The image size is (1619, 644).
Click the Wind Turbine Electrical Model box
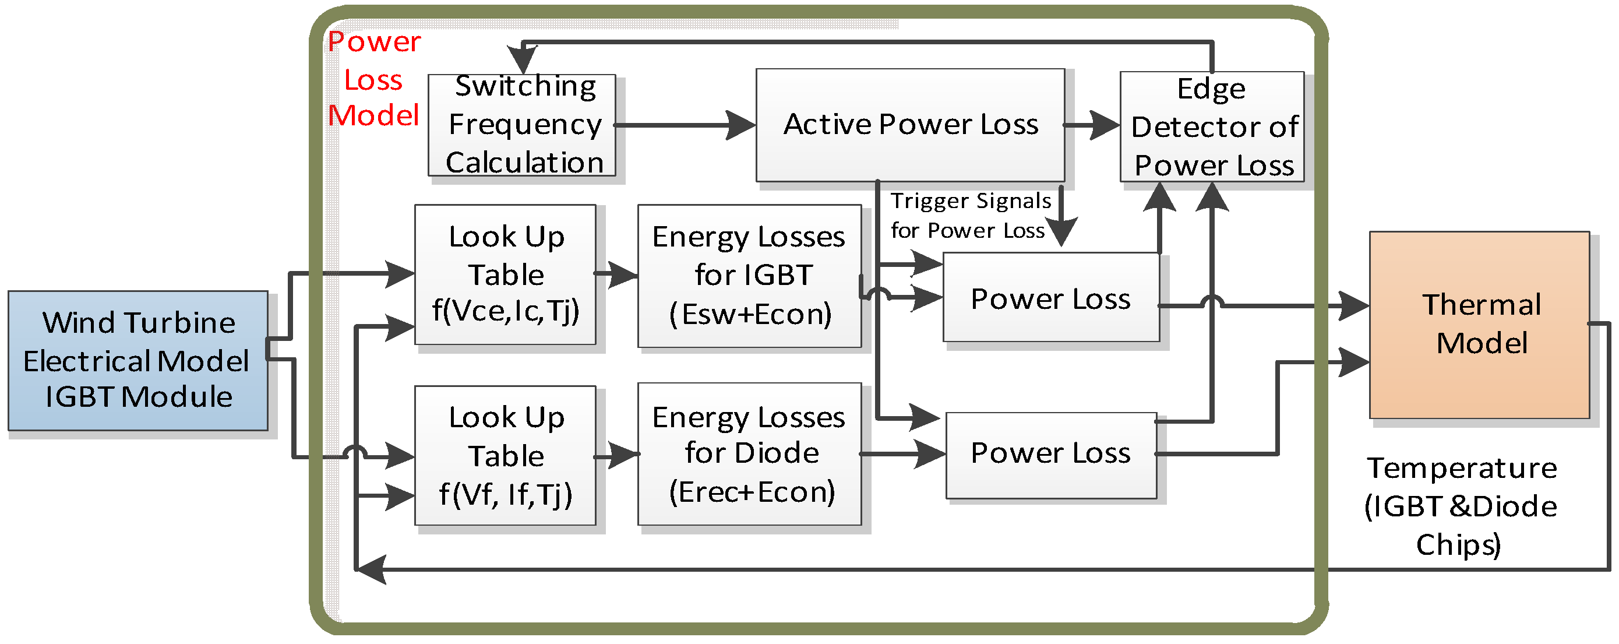click(x=138, y=360)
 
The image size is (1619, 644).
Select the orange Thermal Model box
click(x=1480, y=325)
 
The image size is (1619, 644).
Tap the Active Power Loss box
click(x=910, y=125)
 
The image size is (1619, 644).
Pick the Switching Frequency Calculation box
click(x=522, y=125)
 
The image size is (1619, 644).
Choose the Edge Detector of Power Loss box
click(x=1212, y=126)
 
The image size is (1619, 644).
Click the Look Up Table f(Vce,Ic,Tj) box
click(x=505, y=274)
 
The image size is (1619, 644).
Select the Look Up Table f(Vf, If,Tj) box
click(x=505, y=455)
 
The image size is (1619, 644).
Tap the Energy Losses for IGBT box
click(x=749, y=276)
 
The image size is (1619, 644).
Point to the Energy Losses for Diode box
click(x=749, y=454)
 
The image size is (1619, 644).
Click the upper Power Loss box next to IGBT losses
click(x=1051, y=297)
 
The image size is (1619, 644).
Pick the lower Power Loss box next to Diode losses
click(x=1051, y=455)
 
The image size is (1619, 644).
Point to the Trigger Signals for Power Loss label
click(x=971, y=216)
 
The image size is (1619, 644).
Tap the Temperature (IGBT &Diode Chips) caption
click(x=1461, y=506)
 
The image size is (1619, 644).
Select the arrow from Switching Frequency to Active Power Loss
click(x=685, y=125)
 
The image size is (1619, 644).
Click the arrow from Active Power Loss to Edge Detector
click(x=1092, y=125)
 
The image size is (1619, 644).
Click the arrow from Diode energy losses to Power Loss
click(x=903, y=453)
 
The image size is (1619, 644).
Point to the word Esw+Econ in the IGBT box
click(x=750, y=314)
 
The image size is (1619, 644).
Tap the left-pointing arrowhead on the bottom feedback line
click(x=371, y=570)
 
